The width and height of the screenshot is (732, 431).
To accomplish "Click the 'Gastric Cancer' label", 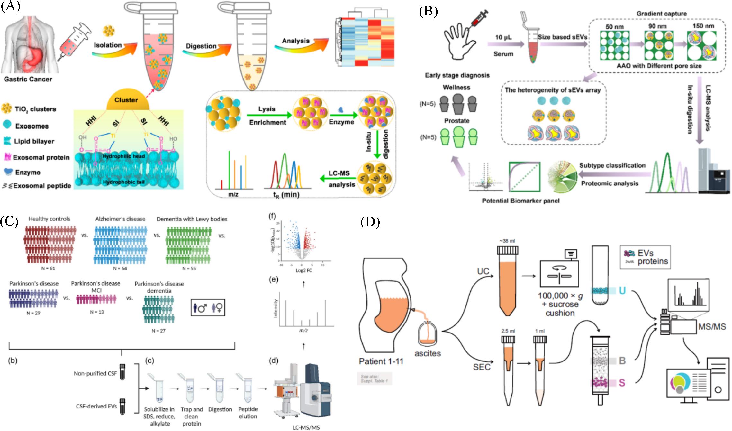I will (x=28, y=79).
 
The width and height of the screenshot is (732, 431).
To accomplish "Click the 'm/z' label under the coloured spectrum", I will (x=233, y=194).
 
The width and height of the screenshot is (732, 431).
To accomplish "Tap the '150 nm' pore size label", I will (x=703, y=26).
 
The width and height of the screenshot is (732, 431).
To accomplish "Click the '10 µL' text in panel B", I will (x=503, y=38).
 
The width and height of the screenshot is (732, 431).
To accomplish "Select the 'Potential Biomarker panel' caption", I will (x=520, y=201).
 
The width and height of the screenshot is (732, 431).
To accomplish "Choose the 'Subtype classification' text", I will (x=612, y=165).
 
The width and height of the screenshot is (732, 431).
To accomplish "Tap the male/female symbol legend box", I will (x=208, y=308).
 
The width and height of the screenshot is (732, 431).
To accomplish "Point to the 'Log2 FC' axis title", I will (x=303, y=270).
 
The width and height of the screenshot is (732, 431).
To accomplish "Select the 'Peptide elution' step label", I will (x=248, y=413).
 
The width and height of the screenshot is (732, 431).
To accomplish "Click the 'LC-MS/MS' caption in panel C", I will (x=306, y=427).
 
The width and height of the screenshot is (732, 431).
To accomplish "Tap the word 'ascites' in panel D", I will (x=428, y=353).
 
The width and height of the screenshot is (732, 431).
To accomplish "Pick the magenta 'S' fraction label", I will (x=622, y=383).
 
